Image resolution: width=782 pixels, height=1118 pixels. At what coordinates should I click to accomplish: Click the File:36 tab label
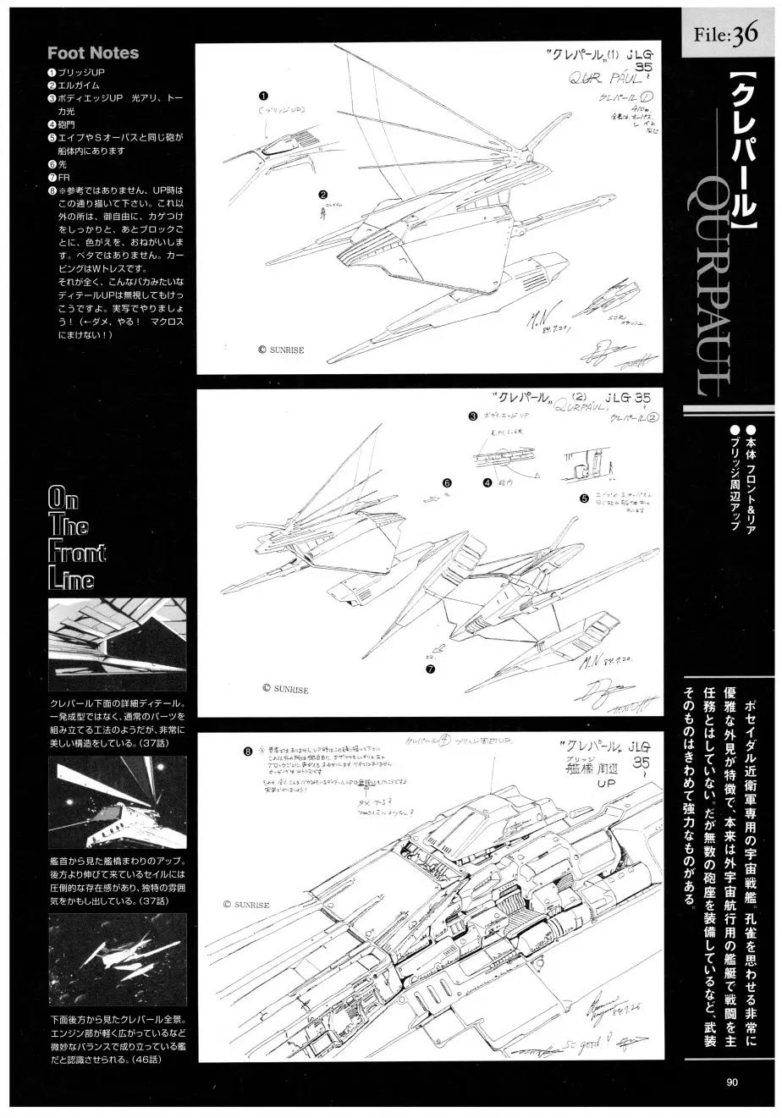coord(727,35)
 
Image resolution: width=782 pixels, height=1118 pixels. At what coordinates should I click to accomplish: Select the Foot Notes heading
coord(93,52)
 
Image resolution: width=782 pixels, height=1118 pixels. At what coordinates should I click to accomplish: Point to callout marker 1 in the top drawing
coord(264,96)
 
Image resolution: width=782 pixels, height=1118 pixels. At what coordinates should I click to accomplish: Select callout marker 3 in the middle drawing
coord(473,416)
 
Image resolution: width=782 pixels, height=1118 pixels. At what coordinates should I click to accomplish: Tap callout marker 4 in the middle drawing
coord(487,483)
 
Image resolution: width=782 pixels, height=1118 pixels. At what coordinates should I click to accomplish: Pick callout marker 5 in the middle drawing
coord(583,498)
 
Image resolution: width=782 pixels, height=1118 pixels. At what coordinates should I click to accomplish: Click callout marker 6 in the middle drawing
coord(446,483)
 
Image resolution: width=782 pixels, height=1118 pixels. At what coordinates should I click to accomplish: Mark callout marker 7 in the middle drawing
coord(430,669)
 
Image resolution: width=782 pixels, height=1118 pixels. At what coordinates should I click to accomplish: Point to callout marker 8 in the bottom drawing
coord(247,750)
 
